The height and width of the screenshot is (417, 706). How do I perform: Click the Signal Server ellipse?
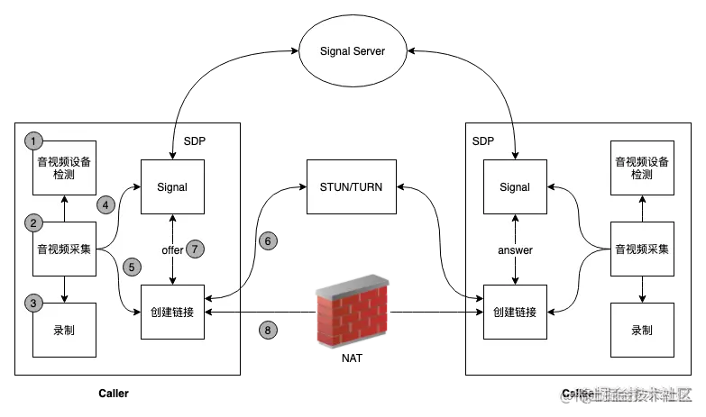353,50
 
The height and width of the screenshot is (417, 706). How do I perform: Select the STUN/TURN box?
351,187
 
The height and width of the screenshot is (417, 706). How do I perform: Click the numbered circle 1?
34,141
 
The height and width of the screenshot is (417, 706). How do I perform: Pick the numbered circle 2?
34,222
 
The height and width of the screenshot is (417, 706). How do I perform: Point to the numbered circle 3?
34,304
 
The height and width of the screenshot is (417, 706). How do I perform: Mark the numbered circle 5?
132,267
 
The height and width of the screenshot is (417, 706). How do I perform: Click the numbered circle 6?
268,240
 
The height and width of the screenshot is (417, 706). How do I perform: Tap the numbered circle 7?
197,249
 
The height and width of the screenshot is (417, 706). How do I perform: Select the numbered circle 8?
268,331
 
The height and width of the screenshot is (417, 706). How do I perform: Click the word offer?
172,249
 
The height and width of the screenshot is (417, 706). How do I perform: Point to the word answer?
515,250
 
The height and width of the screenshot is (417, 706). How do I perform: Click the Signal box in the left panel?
172,187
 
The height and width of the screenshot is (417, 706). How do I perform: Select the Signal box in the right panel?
515,187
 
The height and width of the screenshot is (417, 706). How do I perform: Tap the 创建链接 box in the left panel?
172,313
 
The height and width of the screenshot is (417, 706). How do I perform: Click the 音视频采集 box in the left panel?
64,249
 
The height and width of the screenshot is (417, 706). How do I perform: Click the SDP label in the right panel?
483,142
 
